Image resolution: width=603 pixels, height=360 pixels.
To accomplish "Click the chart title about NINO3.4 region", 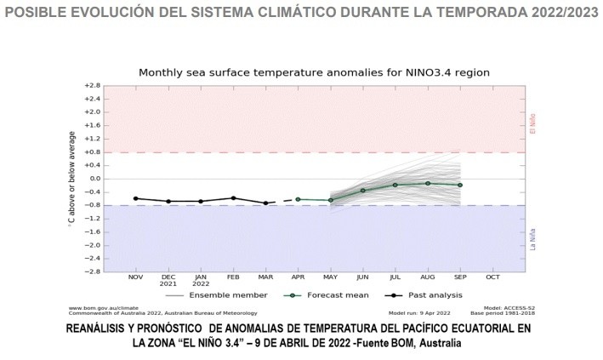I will (314, 72).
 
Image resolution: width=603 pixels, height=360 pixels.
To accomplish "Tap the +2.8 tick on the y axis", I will (91, 86).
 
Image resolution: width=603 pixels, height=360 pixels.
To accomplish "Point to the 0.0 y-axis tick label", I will (94, 179).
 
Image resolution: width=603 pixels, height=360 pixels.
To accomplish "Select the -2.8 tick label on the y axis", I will (91, 271).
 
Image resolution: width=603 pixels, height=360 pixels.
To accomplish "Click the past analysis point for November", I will (135, 198).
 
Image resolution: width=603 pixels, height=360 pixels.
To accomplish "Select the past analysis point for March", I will (265, 203).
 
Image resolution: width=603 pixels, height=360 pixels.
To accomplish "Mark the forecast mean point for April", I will (298, 199).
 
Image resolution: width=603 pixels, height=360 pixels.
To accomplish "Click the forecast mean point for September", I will (460, 185).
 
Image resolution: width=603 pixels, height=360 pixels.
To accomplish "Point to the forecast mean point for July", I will (395, 185).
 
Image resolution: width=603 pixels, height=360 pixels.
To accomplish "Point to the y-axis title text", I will (72, 179).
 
